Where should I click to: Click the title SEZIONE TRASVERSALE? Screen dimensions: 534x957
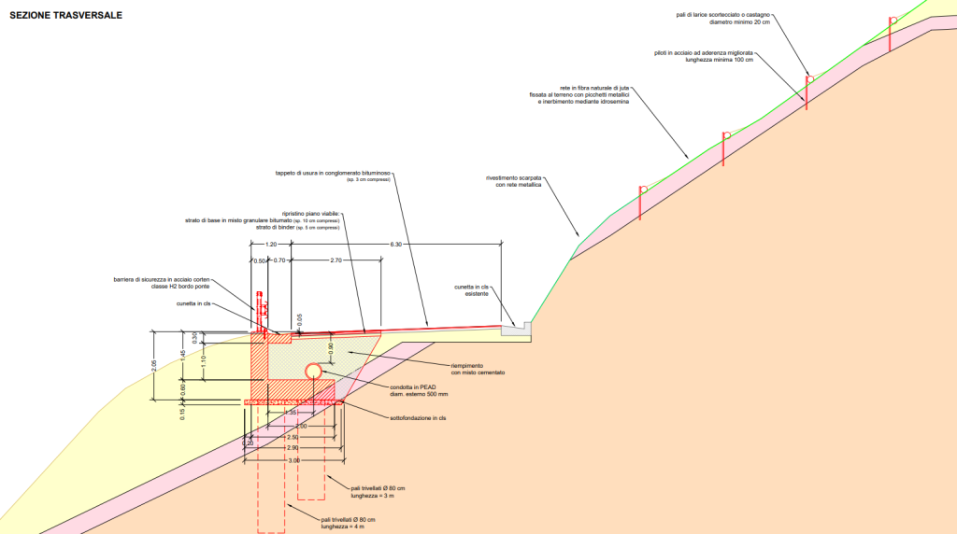coord(65,16)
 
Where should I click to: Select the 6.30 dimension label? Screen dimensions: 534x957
coord(396,244)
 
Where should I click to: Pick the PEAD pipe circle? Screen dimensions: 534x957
coord(313,371)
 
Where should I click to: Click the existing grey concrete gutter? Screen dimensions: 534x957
coord(516,329)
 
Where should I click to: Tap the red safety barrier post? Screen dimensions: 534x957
coord(260,314)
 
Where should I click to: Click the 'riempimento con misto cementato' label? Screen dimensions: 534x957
coord(475,369)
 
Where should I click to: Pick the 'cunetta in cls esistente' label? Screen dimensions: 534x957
coord(471,290)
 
